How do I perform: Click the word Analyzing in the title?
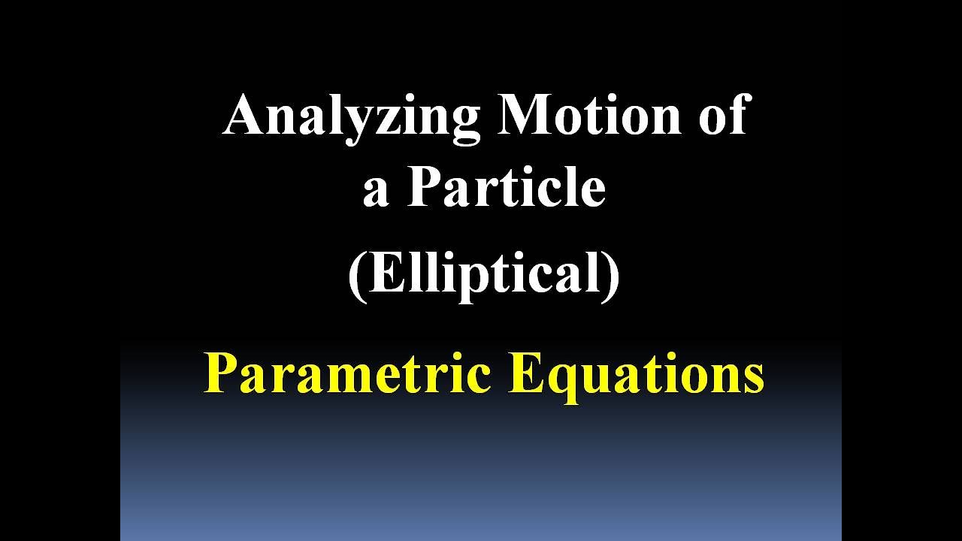(351, 116)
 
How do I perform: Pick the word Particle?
(507, 187)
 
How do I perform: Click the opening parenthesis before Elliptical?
(356, 275)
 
